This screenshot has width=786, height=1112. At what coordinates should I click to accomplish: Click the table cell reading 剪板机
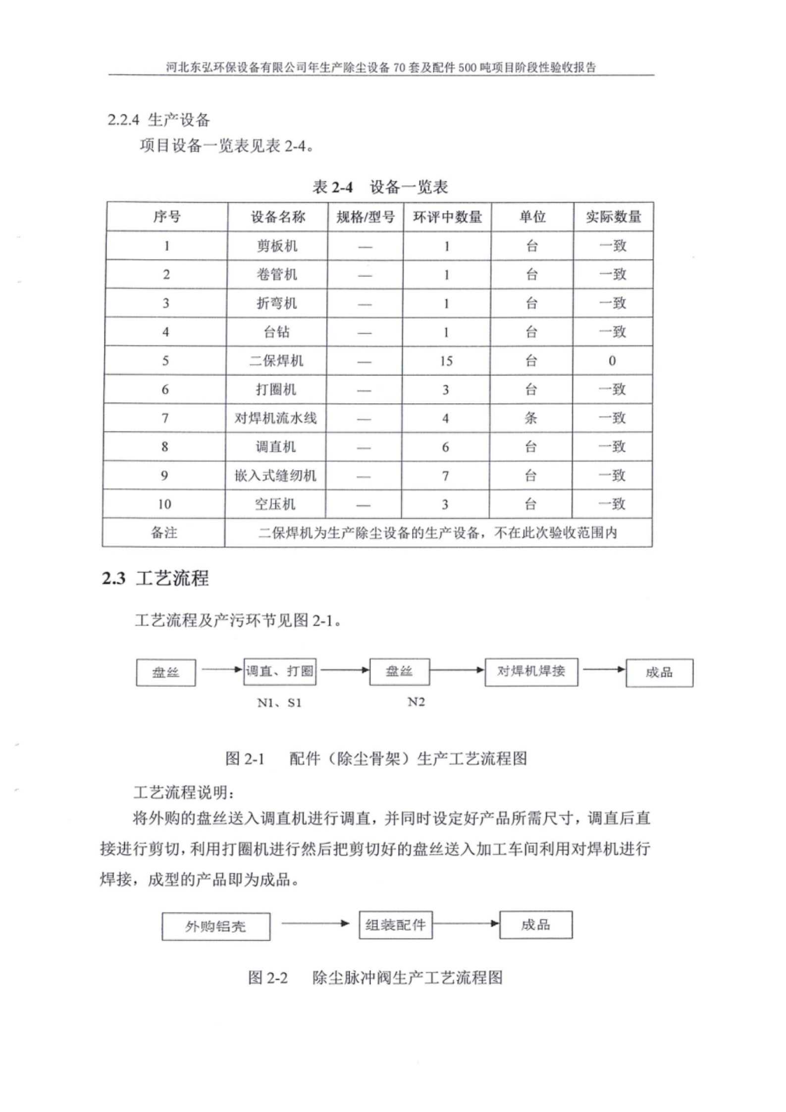point(277,246)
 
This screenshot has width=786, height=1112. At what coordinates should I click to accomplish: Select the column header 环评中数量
point(447,217)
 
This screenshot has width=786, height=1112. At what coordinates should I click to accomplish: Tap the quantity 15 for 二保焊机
point(446,361)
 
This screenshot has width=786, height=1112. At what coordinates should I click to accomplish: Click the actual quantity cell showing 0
point(612,361)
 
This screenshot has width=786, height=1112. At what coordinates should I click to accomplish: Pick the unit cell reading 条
point(531,418)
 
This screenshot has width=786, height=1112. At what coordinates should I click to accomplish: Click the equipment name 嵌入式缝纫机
point(275,476)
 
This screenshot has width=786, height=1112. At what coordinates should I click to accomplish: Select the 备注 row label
point(164,533)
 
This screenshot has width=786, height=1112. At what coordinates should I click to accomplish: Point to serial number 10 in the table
point(164,504)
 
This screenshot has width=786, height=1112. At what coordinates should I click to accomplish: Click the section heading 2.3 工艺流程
point(155,578)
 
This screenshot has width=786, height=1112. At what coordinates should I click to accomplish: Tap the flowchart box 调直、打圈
point(280,672)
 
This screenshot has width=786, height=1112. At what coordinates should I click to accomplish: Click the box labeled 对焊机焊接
point(531,672)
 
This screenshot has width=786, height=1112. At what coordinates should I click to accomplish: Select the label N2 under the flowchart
point(416,702)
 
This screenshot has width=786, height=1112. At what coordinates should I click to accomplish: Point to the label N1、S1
point(279,703)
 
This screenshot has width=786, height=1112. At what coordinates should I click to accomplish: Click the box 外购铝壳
point(215,926)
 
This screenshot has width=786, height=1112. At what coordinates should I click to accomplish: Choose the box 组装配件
point(395,925)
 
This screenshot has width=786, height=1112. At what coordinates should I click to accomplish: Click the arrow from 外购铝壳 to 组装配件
point(315,923)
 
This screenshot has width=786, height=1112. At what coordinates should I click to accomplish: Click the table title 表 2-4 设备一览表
point(380,187)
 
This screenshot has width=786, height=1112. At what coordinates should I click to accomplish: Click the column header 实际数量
point(613,217)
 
